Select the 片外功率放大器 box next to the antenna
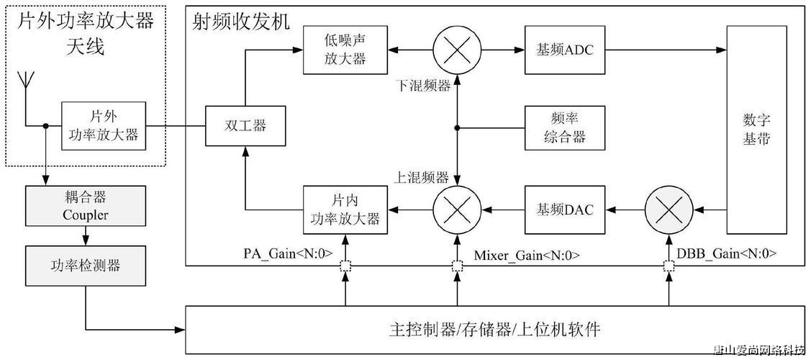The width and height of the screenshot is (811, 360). pyautogui.click(x=103, y=126)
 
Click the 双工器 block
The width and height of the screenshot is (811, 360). pyautogui.click(x=245, y=126)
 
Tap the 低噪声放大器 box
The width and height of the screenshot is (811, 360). pyautogui.click(x=345, y=50)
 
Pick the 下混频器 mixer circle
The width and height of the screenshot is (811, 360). pyautogui.click(x=456, y=50)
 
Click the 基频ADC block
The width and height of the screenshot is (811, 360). pyautogui.click(x=563, y=50)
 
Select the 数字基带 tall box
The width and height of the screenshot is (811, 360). pyautogui.click(x=756, y=130)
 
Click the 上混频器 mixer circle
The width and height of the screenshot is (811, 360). pyautogui.click(x=456, y=209)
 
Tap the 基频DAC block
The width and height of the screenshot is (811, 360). pyautogui.click(x=563, y=209)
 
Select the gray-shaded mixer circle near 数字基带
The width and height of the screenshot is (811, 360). pyautogui.click(x=668, y=209)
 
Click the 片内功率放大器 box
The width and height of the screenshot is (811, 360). pyautogui.click(x=345, y=209)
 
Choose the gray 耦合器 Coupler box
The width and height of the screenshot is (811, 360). pyautogui.click(x=85, y=205)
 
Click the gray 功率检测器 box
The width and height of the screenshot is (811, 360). pyautogui.click(x=85, y=266)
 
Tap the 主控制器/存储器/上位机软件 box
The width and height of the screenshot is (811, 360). pyautogui.click(x=494, y=330)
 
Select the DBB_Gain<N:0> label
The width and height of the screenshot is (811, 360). pyautogui.click(x=727, y=254)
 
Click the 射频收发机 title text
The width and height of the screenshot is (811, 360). pyautogui.click(x=241, y=22)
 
